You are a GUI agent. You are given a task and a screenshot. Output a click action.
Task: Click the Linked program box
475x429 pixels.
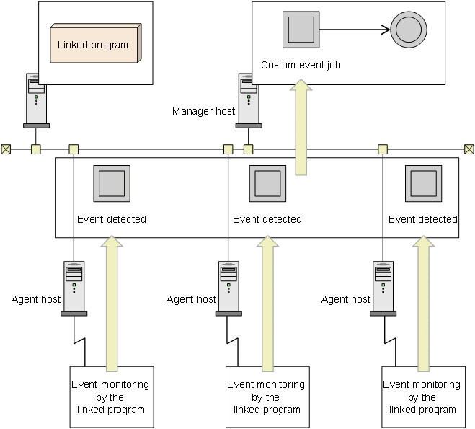pyautogui.click(x=96, y=43)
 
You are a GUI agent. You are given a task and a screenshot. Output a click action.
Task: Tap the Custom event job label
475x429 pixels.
pyautogui.click(x=301, y=65)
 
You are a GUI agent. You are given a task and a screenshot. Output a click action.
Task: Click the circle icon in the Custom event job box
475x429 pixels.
pyautogui.click(x=409, y=30)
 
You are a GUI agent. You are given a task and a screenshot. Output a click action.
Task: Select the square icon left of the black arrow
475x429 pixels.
pyautogui.click(x=301, y=30)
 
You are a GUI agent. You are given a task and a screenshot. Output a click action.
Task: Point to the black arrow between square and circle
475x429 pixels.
pyautogui.click(x=355, y=30)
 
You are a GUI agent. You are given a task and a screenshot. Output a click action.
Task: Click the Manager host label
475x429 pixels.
pyautogui.click(x=203, y=111)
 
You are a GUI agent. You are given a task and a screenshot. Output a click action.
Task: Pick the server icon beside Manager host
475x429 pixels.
pyautogui.click(x=249, y=100)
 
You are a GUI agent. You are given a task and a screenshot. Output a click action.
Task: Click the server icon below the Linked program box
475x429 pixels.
pyautogui.click(x=36, y=100)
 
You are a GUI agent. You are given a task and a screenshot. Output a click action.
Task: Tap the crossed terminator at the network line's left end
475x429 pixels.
pyautogui.click(x=6, y=149)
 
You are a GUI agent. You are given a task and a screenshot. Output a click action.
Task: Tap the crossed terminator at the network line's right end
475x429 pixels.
pyautogui.click(x=469, y=149)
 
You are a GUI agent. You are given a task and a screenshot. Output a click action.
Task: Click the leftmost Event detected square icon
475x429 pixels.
pyautogui.click(x=112, y=184)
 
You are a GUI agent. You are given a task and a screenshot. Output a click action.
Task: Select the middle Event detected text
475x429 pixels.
pyautogui.click(x=267, y=219)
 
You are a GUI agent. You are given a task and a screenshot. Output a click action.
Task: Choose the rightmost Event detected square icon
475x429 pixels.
pyautogui.click(x=424, y=184)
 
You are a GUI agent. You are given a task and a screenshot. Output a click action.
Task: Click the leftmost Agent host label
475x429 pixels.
pyautogui.click(x=36, y=299)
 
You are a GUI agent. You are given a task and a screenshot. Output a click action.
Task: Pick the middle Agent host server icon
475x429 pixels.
pyautogui.click(x=228, y=288)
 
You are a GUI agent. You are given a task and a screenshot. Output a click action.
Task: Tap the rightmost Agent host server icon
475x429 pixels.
pyautogui.click(x=383, y=288)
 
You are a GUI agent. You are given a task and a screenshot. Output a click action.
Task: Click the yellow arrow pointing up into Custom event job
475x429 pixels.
pyautogui.click(x=301, y=127)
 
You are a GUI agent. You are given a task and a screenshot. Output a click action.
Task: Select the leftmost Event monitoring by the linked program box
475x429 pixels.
pyautogui.click(x=112, y=397)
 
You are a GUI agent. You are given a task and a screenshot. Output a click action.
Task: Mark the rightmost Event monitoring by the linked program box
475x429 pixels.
pyautogui.click(x=424, y=397)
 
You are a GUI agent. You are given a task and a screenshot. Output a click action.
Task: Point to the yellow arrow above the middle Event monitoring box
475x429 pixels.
pyautogui.click(x=267, y=304)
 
